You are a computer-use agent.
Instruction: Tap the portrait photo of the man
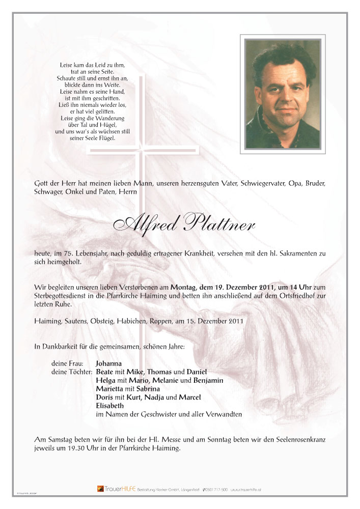(283, 94)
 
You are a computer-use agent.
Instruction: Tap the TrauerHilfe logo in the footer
(115, 489)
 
